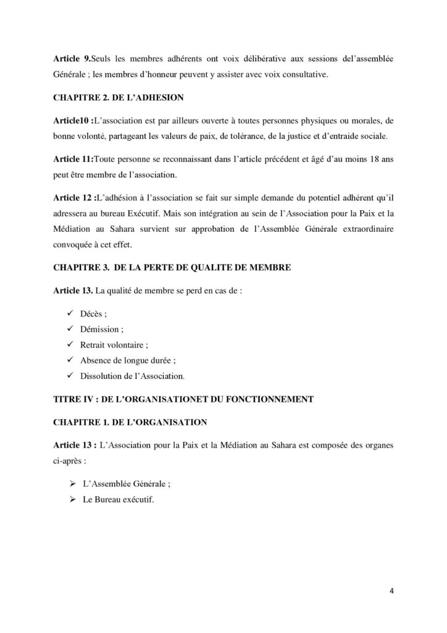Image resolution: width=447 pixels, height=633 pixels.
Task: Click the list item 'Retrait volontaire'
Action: [x=114, y=344]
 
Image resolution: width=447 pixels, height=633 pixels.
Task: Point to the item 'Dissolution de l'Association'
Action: [x=132, y=375]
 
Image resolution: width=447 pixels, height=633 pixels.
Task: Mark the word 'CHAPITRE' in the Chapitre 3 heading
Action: [x=75, y=269]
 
